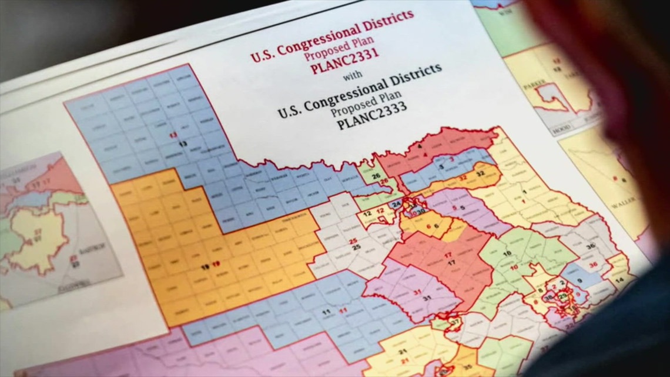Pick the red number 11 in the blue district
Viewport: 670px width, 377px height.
click(343, 310)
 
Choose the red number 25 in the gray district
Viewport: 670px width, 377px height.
click(353, 241)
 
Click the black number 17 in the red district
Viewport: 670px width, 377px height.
click(452, 263)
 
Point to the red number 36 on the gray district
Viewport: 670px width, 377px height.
click(593, 265)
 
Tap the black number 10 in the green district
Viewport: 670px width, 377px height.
click(507, 253)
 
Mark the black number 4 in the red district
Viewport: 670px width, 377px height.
click(421, 145)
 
